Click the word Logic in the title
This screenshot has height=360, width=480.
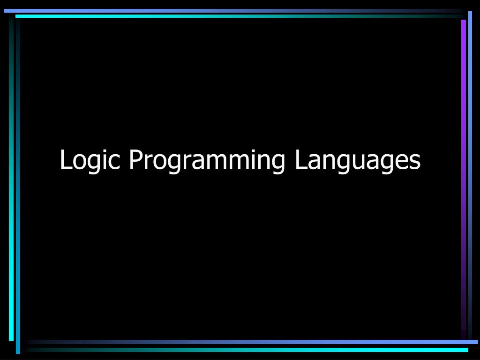(90, 160)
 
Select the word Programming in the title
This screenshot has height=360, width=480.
(207, 160)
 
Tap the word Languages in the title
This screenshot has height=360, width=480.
(358, 160)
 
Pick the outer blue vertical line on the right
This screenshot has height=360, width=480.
(470, 141)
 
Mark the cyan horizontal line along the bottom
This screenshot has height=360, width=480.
(281, 350)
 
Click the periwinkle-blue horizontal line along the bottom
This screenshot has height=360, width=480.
(281, 342)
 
